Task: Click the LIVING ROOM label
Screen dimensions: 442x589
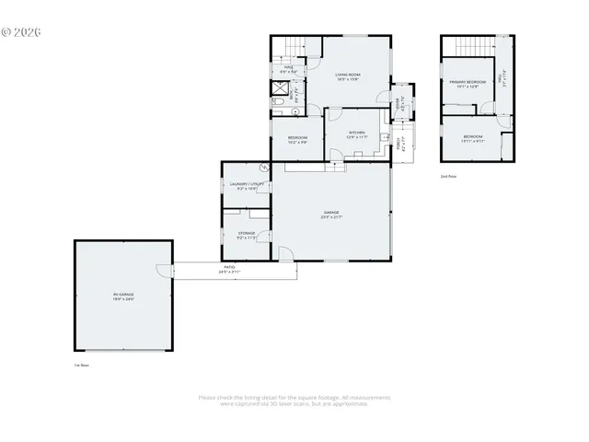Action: pyautogui.click(x=347, y=76)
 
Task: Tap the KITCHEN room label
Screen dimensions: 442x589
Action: pyautogui.click(x=357, y=134)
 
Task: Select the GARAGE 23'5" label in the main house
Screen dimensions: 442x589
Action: pyautogui.click(x=331, y=215)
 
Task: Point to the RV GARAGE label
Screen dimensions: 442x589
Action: pyautogui.click(x=123, y=297)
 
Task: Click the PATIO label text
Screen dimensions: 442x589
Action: pyautogui.click(x=229, y=271)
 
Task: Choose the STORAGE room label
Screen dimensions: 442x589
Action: pyautogui.click(x=247, y=235)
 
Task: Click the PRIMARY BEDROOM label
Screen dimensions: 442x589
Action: pyautogui.click(x=467, y=85)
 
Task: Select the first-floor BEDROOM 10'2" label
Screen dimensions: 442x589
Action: pyautogui.click(x=297, y=140)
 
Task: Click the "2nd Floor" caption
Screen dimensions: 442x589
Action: pyautogui.click(x=448, y=176)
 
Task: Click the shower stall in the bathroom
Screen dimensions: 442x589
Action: pyautogui.click(x=277, y=90)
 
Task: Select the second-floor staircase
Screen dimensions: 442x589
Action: pyautogui.click(x=477, y=47)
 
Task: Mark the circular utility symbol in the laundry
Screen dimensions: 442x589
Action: pyautogui.click(x=264, y=169)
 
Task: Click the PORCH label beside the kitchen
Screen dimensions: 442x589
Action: pyautogui.click(x=399, y=145)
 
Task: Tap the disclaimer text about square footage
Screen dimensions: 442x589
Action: pyautogui.click(x=294, y=400)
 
